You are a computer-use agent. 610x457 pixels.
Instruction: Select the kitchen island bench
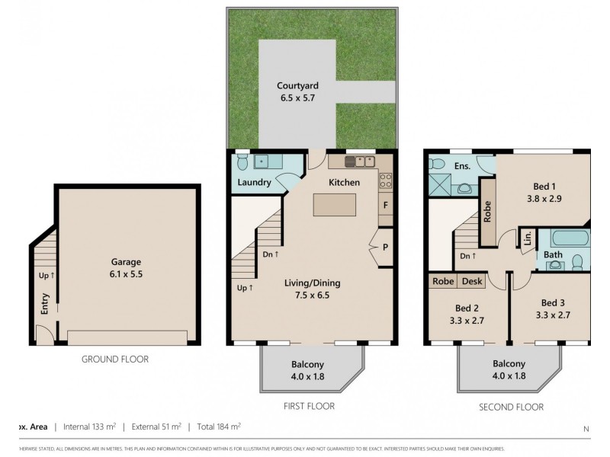[334, 205]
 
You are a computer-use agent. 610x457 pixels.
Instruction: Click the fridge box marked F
[386, 206]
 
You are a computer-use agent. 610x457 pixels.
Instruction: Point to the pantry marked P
[386, 248]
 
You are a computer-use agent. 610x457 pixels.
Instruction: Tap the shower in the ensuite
[439, 184]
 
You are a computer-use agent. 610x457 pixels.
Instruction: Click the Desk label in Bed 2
[472, 281]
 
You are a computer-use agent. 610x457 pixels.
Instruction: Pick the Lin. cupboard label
[527, 239]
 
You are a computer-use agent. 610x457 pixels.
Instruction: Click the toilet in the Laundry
[242, 162]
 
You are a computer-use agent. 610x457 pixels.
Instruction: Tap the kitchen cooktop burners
[385, 181]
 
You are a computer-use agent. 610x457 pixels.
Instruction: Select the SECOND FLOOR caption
[511, 407]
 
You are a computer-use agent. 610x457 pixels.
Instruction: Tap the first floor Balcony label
[308, 369]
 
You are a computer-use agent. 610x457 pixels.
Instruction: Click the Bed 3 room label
[554, 308]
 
